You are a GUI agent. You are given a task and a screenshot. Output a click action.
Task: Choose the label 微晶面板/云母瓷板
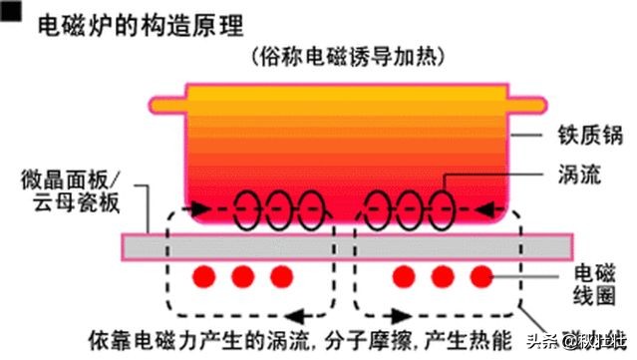pos(70,190)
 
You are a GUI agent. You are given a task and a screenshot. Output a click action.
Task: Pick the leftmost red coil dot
pos(207,275)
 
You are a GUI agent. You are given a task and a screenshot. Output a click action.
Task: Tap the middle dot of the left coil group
pos(244,275)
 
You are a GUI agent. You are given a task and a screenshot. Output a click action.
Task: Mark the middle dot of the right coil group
pos(443,275)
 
